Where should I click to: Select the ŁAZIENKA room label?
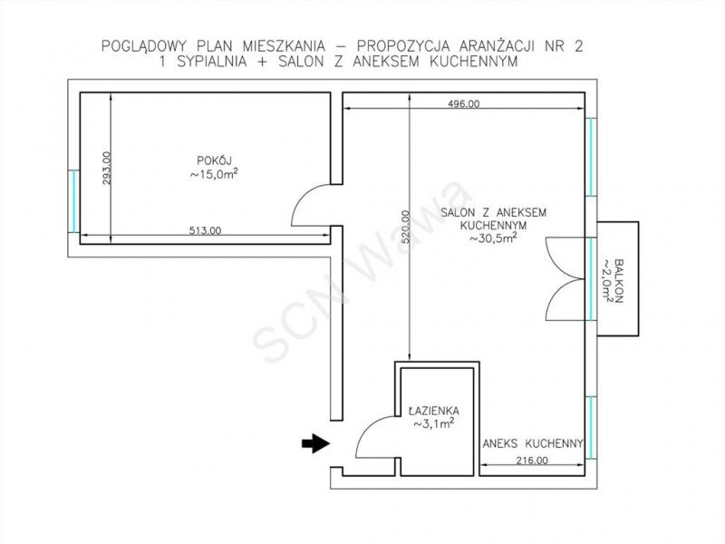[x=433, y=409]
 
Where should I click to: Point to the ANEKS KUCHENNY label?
[x=530, y=445]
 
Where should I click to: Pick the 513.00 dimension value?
[x=205, y=231]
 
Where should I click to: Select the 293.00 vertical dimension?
[x=106, y=168]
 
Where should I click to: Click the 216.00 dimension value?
[x=531, y=461]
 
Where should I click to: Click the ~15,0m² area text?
[x=215, y=174]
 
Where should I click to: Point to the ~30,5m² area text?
[x=493, y=238]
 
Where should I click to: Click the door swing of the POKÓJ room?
[x=317, y=203]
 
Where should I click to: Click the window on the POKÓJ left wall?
[x=73, y=200]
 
